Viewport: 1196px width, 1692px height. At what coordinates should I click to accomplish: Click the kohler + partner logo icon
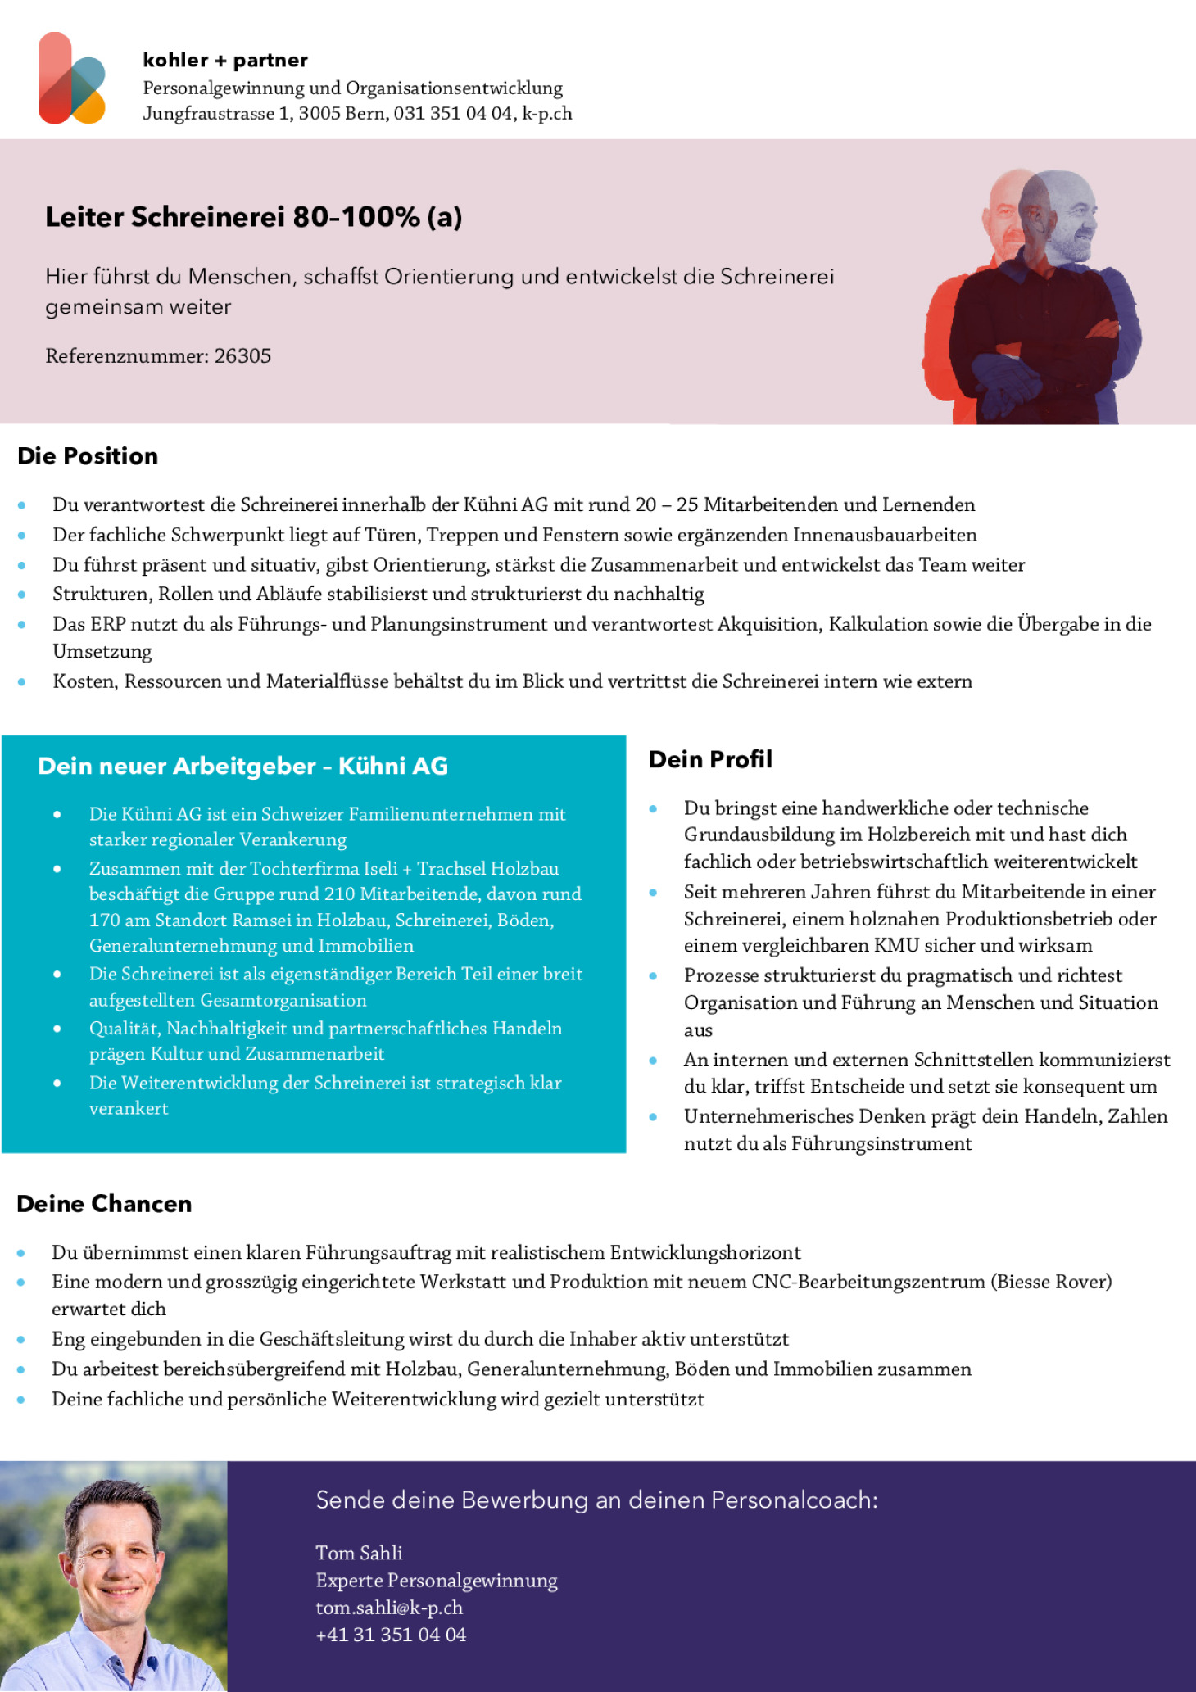click(72, 79)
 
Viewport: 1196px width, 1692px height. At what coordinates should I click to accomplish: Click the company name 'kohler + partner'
click(225, 60)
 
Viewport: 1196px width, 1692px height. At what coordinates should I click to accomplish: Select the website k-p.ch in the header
click(547, 113)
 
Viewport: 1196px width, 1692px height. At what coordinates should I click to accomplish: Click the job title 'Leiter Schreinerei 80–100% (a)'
click(254, 217)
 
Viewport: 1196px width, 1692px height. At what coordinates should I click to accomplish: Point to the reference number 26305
click(242, 356)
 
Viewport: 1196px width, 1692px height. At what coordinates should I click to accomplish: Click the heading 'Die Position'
click(88, 456)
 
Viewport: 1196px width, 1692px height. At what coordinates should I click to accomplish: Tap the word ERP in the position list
click(108, 624)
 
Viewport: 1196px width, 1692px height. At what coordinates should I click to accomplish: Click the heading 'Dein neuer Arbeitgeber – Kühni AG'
click(243, 766)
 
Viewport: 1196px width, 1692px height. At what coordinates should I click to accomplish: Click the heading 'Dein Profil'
click(710, 759)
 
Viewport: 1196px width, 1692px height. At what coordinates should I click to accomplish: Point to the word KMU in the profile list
click(896, 945)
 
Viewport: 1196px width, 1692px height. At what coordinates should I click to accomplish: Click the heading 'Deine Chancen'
click(104, 1204)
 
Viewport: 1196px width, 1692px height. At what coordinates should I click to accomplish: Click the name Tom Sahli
click(359, 1553)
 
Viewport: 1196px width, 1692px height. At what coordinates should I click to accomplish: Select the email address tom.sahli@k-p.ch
click(389, 1608)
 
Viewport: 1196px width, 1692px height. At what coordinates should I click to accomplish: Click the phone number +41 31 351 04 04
click(391, 1635)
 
